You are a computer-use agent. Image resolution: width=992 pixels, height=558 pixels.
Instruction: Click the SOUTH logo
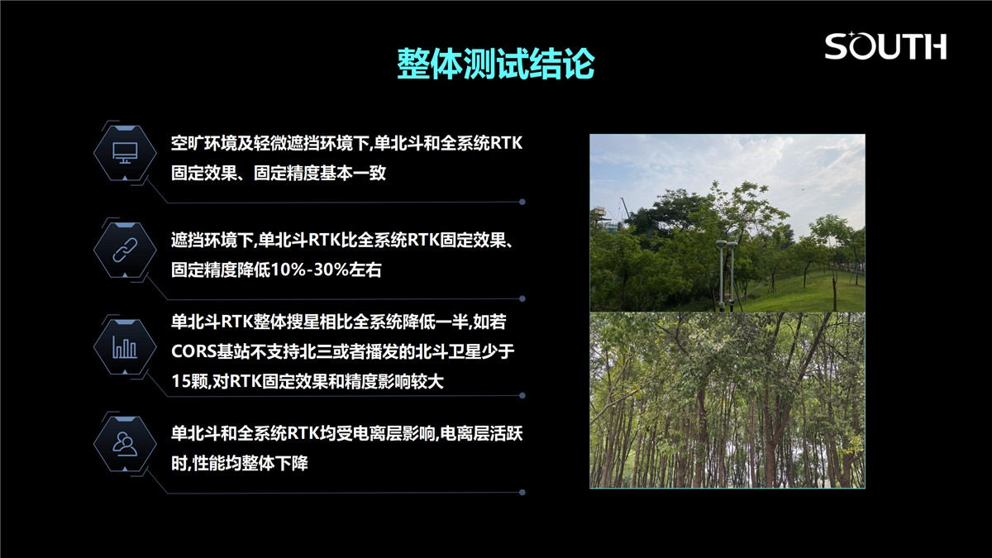(x=885, y=45)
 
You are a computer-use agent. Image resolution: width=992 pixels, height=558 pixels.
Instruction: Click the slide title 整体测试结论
(x=495, y=64)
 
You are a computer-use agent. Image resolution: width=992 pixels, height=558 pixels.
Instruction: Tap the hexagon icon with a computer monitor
(x=125, y=153)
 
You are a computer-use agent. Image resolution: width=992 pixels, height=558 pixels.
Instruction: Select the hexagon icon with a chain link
(x=125, y=250)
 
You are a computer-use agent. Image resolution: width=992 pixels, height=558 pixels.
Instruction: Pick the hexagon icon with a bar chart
(x=125, y=346)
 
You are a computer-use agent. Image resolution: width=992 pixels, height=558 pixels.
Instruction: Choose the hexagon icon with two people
(x=125, y=444)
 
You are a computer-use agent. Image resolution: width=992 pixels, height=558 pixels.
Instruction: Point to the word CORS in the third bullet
(x=193, y=351)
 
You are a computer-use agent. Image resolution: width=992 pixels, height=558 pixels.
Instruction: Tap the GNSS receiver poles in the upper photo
(x=727, y=274)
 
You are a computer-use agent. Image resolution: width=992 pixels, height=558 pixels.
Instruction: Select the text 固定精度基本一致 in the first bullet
(x=320, y=173)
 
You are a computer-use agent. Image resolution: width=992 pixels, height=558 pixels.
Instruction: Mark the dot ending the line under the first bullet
(x=522, y=202)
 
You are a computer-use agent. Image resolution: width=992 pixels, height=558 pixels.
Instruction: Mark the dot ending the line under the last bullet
(x=522, y=493)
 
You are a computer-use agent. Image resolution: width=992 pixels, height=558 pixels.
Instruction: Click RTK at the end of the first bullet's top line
(x=506, y=143)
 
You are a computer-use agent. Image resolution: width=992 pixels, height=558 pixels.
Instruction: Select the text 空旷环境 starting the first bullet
(x=204, y=143)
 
